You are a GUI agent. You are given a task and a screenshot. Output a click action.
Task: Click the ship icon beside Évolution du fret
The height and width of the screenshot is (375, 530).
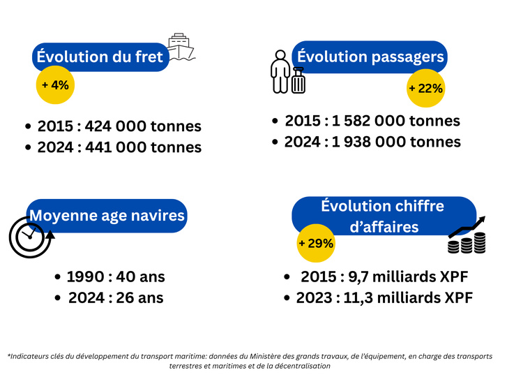(181, 46)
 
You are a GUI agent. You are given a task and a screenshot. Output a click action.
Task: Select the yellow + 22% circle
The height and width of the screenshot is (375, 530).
(425, 89)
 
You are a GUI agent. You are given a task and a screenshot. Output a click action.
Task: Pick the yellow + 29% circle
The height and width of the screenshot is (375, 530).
(315, 244)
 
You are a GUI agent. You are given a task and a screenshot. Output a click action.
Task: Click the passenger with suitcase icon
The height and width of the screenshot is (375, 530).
(288, 72)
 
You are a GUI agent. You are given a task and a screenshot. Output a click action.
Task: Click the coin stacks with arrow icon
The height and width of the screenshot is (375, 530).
(467, 237)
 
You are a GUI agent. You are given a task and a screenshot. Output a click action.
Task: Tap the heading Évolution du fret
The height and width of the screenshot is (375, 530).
(100, 57)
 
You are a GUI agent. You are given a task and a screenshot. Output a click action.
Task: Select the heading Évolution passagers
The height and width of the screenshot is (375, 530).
(370, 56)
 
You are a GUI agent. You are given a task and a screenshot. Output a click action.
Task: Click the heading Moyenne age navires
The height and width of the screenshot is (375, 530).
(107, 215)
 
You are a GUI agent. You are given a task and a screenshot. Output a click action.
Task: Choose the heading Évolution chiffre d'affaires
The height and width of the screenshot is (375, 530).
(382, 216)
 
